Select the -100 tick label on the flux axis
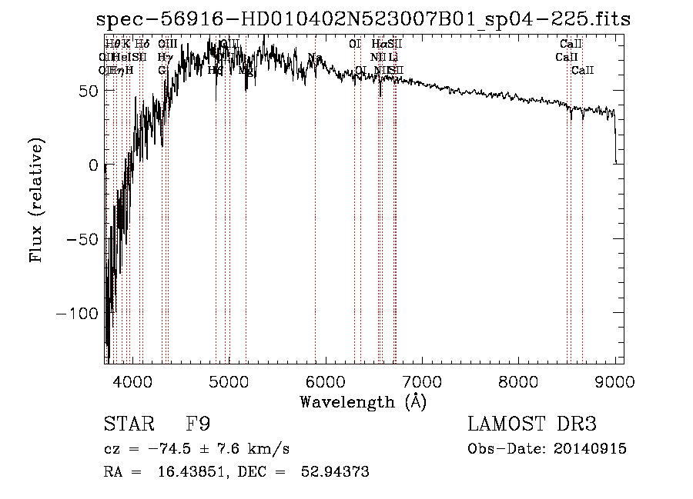point(77,314)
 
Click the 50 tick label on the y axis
point(89,91)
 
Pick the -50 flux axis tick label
point(82,239)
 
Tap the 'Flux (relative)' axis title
point(37,200)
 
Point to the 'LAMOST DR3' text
point(532,424)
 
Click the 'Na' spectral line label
point(314,58)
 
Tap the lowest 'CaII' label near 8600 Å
point(582,71)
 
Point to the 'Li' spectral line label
point(393,58)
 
